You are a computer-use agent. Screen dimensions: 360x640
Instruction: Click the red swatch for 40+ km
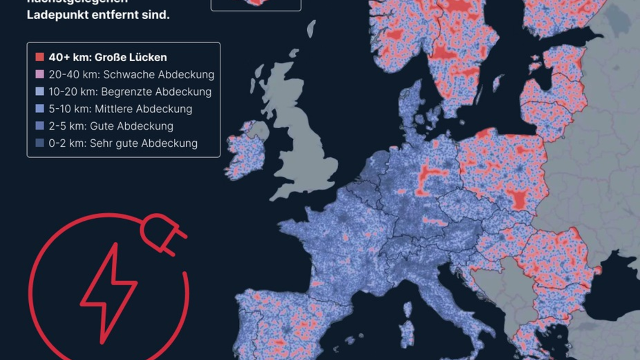39,57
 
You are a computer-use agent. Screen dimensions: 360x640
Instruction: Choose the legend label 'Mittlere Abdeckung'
143,109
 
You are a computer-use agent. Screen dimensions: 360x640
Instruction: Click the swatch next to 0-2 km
39,143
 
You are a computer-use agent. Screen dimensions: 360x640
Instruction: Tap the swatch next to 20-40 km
39,75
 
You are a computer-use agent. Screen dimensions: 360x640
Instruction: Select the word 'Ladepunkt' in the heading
55,15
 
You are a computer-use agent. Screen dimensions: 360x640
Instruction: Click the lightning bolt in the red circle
109,291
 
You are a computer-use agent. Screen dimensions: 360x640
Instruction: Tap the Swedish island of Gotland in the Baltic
498,83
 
